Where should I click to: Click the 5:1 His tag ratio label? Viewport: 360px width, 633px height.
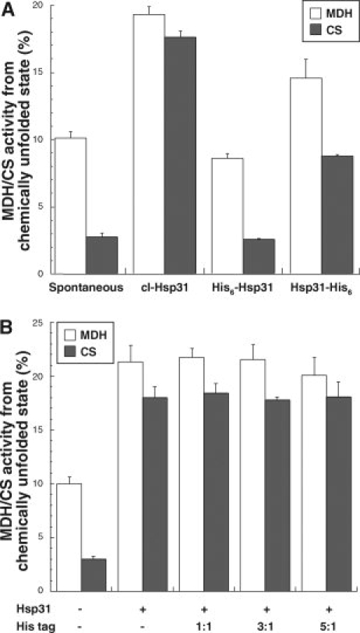(x=322, y=624)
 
